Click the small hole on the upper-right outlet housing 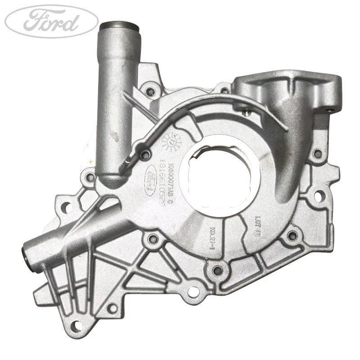coord(330,106)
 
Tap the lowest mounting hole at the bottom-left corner coord(76,326)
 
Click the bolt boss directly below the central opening coord(217,270)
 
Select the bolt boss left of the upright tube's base coord(90,177)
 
